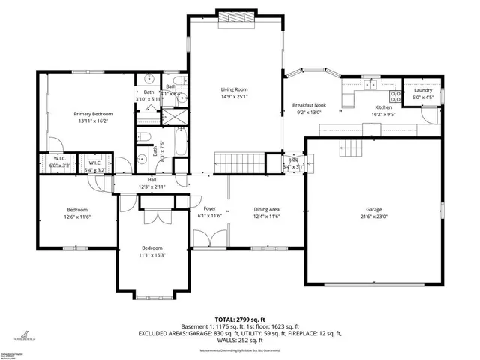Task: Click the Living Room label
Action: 234,88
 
